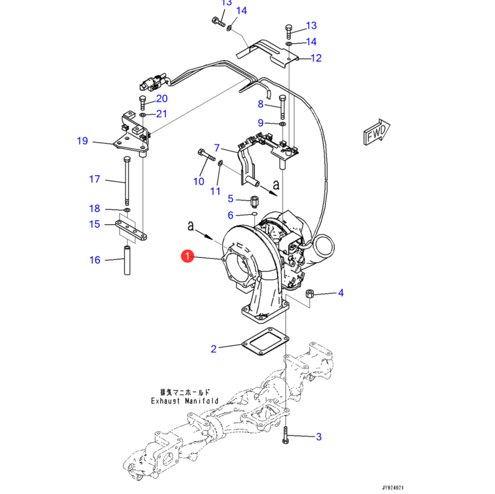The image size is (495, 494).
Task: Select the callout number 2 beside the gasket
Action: point(214,349)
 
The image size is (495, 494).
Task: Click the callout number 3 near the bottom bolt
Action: point(319,437)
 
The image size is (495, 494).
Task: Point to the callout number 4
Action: point(341,293)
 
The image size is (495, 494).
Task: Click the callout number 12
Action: point(316,58)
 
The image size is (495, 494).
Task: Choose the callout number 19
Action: point(82,142)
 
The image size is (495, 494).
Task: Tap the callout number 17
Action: point(95,179)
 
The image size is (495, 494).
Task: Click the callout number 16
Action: point(95,260)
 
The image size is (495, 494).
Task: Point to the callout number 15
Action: point(95,224)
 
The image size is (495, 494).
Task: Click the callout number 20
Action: point(162,99)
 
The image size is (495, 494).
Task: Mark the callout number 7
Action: point(217,148)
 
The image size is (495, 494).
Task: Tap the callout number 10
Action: point(198,181)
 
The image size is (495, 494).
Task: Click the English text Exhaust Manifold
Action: point(184,401)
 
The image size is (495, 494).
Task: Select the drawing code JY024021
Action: point(392,487)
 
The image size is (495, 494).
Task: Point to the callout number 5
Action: point(231,198)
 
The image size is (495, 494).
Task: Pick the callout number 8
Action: point(261,104)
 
